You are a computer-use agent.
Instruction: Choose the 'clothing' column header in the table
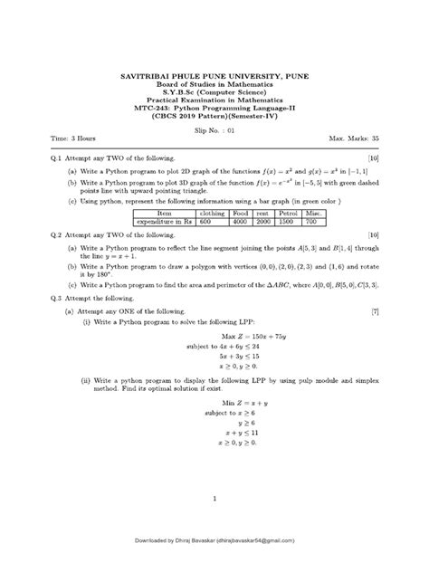(x=214, y=212)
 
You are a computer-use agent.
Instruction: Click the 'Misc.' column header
(x=316, y=212)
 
